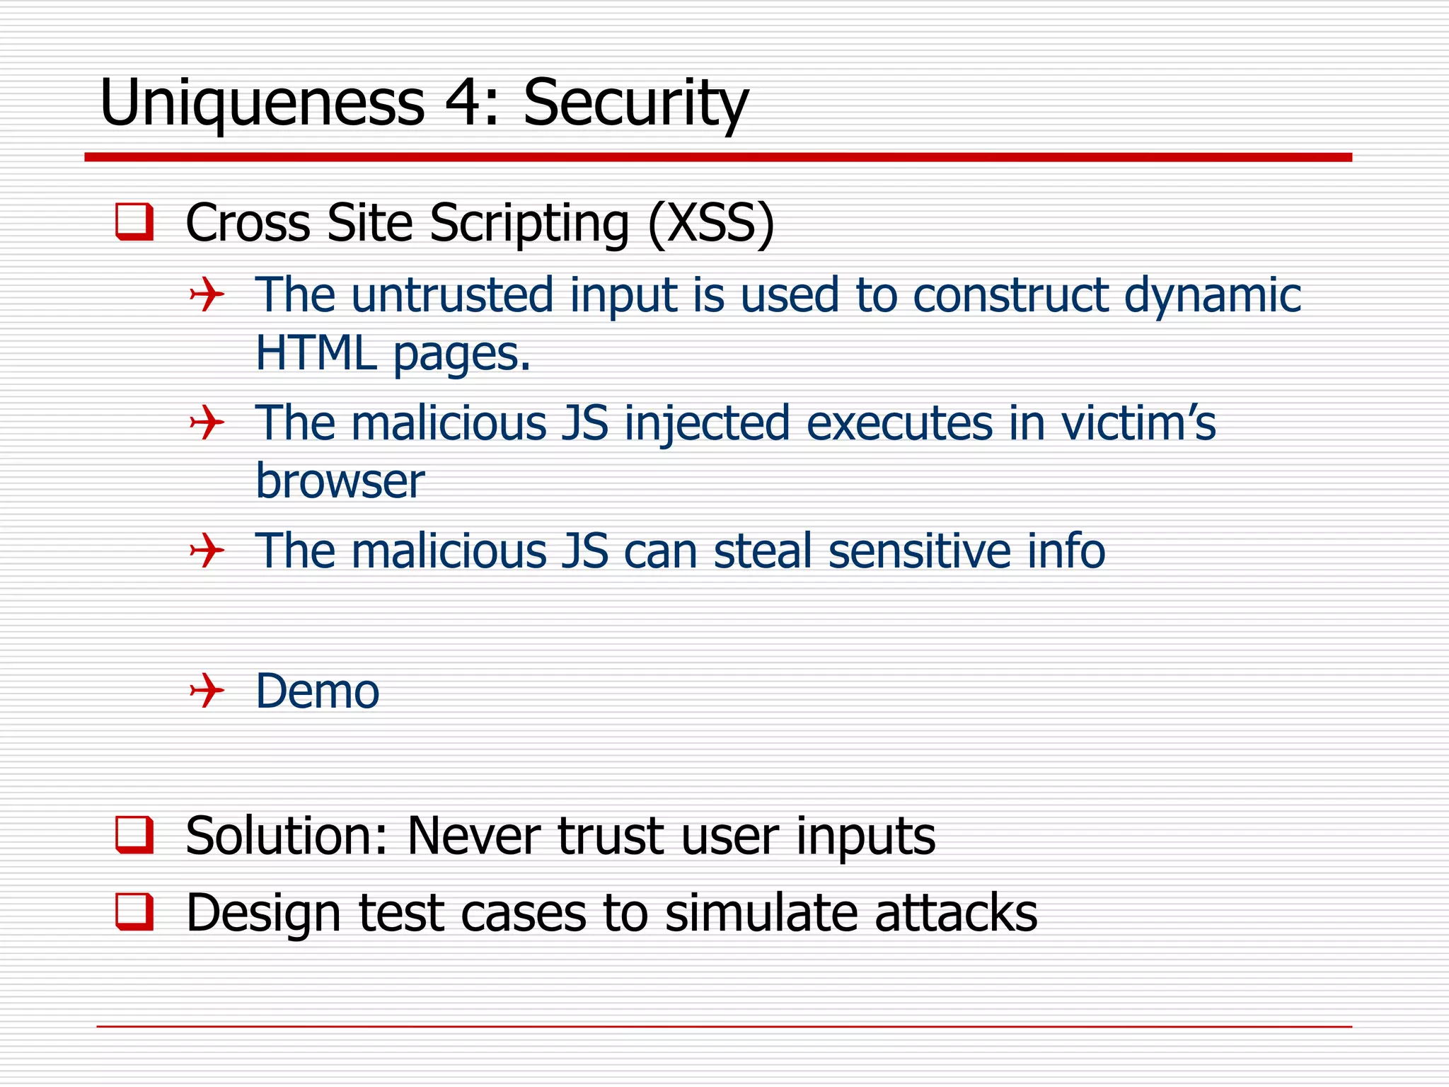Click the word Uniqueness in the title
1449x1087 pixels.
tap(262, 104)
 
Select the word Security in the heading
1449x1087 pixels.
tap(635, 104)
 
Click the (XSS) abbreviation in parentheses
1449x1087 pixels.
tap(711, 223)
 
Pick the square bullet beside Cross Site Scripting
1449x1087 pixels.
tap(134, 222)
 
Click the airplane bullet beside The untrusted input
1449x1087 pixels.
tap(207, 294)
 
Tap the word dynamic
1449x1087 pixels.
tap(1212, 295)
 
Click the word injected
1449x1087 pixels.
tap(706, 423)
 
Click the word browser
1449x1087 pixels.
tap(340, 481)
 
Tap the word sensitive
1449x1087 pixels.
tap(919, 551)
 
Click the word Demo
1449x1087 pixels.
tap(317, 691)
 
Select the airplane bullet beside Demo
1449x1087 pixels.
tap(207, 691)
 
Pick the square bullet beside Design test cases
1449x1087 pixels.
tap(134, 911)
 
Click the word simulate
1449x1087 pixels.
tap(761, 912)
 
